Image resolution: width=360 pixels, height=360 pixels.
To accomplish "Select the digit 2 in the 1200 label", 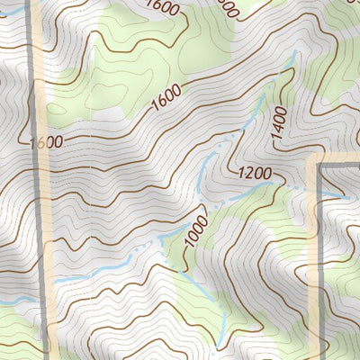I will [x=247, y=171].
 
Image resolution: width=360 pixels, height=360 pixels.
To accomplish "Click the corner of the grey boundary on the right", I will [x=320, y=166].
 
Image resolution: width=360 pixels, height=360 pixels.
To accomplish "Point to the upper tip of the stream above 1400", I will [x=293, y=56].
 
